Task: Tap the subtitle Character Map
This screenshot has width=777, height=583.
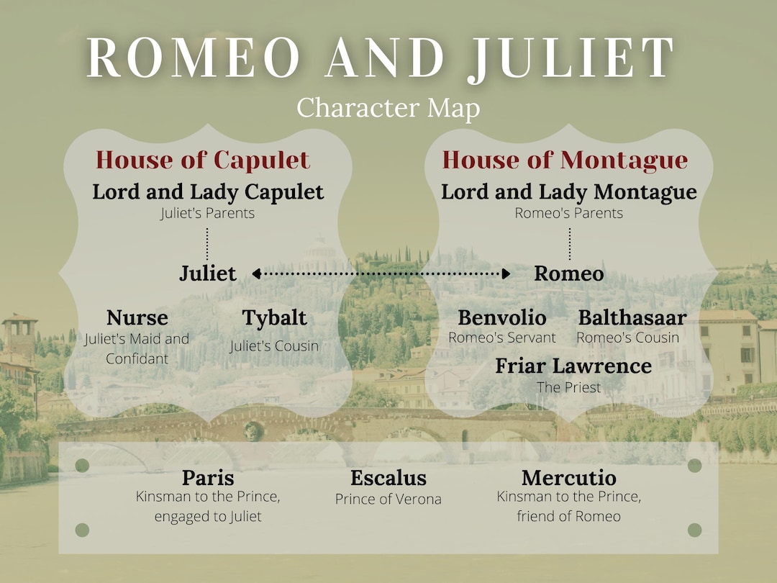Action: pos(388,108)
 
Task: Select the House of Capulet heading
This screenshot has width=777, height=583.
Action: pos(203,160)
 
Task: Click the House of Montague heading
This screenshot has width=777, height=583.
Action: pos(565,160)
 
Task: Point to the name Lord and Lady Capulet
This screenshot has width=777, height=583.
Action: pos(208,192)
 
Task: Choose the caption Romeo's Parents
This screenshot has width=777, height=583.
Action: pos(569,213)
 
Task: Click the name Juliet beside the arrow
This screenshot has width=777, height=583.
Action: pos(208,274)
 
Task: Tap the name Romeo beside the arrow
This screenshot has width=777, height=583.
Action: pos(568,274)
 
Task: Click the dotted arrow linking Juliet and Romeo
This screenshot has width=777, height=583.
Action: pos(381,274)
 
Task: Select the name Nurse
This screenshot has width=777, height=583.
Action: pos(137,317)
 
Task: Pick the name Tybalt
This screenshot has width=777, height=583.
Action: pos(274,317)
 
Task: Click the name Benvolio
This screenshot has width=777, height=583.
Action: pos(502,317)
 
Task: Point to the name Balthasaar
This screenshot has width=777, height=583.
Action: pos(632,317)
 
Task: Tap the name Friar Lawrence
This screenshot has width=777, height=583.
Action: pos(573,366)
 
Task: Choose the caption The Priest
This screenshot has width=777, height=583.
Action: pos(569,387)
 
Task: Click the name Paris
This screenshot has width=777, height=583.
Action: pos(208,477)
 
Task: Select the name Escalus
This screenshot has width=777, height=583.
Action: pos(388,477)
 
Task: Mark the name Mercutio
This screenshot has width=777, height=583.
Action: pos(569,477)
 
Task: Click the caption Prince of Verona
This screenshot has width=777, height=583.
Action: pos(388,499)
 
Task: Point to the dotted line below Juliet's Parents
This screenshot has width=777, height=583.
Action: pos(207,243)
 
